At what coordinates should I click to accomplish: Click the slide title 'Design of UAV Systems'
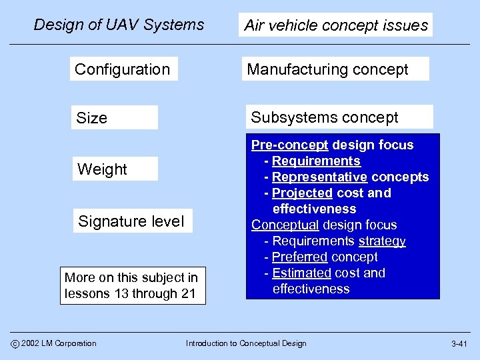[119, 25]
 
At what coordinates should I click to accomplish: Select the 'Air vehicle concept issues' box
[335, 25]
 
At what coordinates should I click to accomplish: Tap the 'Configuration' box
[123, 69]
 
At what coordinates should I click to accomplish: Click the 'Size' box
[114, 118]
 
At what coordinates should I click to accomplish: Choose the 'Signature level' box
[131, 221]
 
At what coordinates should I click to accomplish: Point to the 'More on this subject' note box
[132, 285]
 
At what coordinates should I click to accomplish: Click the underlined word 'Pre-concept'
[289, 145]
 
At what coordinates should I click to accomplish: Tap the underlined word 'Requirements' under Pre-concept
[316, 161]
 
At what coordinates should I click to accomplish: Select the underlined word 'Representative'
[319, 177]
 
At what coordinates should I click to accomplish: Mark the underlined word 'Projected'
[302, 193]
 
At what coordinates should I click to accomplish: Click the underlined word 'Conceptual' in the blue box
[285, 225]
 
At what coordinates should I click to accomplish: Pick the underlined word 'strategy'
[382, 241]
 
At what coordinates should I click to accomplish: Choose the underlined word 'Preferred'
[300, 257]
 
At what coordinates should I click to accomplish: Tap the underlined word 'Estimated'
[301, 273]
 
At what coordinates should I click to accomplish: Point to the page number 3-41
[459, 344]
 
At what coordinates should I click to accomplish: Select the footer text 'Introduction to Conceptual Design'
[246, 343]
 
